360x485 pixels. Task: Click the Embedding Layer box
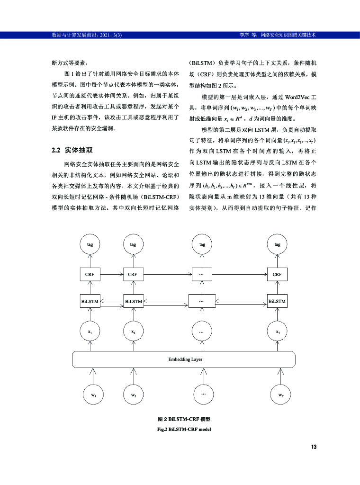coord(186,359)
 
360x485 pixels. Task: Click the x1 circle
coord(90,332)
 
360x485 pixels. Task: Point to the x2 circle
coord(134,332)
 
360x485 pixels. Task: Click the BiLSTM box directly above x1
coord(90,301)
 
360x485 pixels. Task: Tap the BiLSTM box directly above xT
coord(277,301)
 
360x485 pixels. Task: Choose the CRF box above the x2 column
coord(133,274)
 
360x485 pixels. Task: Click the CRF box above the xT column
coord(277,274)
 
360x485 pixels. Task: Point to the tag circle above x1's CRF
coord(90,244)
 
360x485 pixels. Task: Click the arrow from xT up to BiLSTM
coord(277,314)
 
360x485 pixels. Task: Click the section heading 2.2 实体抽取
coord(72,150)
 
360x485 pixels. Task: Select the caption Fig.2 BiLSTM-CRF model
coord(184,429)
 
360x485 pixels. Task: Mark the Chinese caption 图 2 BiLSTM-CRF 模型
coord(184,420)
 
